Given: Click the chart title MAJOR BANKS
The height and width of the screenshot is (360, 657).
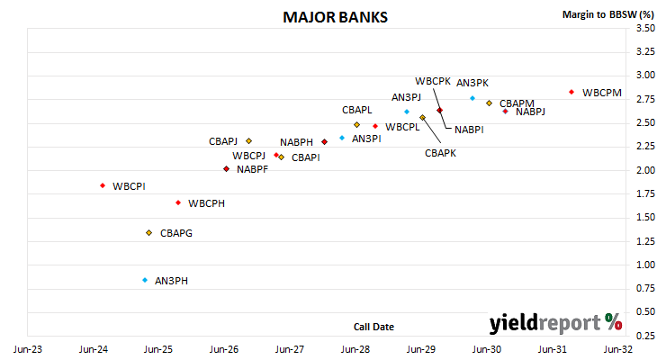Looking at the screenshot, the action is pos(335,17).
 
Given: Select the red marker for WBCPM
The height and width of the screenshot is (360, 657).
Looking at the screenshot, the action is pos(571,92).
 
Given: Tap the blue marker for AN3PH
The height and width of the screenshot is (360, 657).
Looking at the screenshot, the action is pos(145,280).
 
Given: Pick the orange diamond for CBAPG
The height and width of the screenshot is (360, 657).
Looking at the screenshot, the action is pos(149,232).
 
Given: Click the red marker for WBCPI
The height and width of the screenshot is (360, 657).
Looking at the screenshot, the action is pos(103,185).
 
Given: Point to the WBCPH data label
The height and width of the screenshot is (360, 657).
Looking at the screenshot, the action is pos(207,203).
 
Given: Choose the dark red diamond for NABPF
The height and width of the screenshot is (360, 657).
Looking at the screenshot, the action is pos(226,169).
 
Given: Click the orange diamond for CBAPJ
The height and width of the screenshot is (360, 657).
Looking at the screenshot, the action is pos(249,140).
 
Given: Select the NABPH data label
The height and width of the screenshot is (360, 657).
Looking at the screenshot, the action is pos(297,142).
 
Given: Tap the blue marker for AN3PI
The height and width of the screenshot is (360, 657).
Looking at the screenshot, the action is pos(342,138).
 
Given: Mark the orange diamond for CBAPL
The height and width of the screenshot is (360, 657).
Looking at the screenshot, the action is pos(356,124).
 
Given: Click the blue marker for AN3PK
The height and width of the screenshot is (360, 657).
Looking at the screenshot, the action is pos(472,98).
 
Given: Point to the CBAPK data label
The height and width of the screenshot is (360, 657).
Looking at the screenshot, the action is pos(440,153).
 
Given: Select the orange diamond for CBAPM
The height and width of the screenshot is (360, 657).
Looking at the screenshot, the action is pos(489,103).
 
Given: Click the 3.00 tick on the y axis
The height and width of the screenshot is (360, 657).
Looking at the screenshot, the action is pos(645,75).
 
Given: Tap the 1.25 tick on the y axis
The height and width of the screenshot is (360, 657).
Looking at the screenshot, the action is pos(645,241).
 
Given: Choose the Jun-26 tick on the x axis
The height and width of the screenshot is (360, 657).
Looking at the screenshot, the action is pos(224,349).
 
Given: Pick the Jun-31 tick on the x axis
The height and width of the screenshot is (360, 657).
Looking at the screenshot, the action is pos(553,349).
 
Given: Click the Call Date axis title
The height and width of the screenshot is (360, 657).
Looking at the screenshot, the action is pos(373,327).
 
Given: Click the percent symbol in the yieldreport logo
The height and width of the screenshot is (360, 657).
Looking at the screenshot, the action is pos(614,322).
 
